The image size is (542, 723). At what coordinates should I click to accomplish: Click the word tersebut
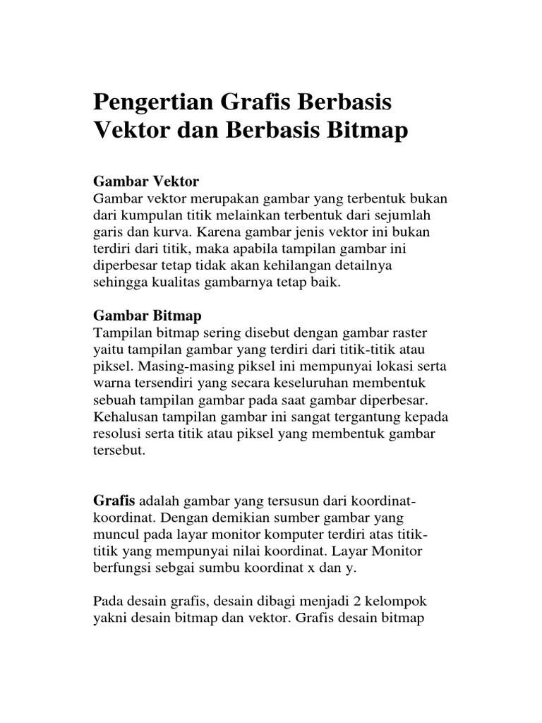click(x=119, y=450)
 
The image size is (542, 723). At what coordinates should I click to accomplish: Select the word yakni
click(x=109, y=619)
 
